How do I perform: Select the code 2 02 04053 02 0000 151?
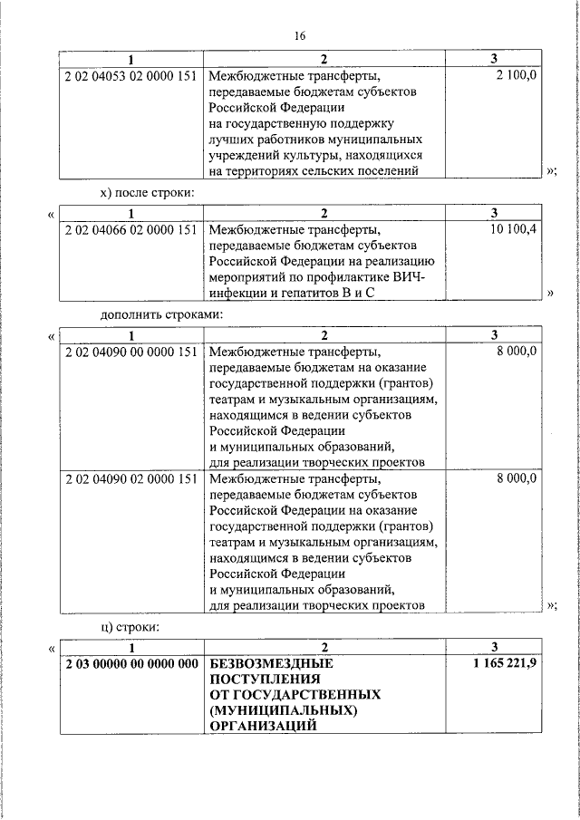coord(131,76)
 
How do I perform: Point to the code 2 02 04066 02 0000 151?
coord(131,229)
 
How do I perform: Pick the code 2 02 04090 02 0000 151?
coord(131,478)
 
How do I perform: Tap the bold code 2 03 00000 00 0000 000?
coord(131,663)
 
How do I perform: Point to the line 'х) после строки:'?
coord(147,193)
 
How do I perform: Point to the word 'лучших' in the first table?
coord(229,139)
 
